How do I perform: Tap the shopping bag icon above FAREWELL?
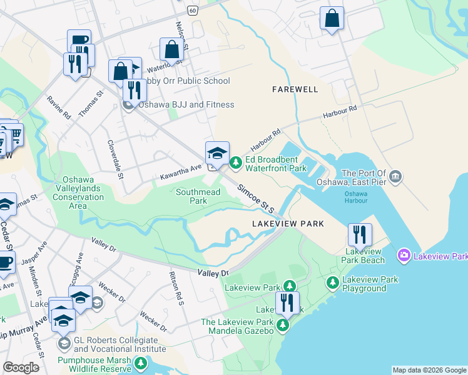(332, 19)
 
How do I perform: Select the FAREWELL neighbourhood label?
(295, 89)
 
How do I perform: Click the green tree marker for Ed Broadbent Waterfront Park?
(235, 164)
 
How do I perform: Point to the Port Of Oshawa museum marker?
(395, 177)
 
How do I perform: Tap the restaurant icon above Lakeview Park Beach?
(360, 235)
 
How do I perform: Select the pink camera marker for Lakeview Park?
(404, 256)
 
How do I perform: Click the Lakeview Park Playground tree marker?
(332, 284)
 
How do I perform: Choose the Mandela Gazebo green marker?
(283, 325)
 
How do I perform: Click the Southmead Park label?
(198, 196)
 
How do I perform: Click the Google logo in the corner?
(21, 367)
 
